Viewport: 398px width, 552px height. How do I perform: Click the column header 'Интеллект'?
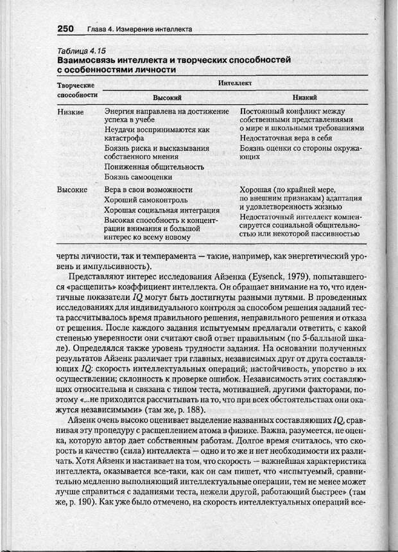click(235, 84)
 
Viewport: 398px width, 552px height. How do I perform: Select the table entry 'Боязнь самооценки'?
click(137, 176)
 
